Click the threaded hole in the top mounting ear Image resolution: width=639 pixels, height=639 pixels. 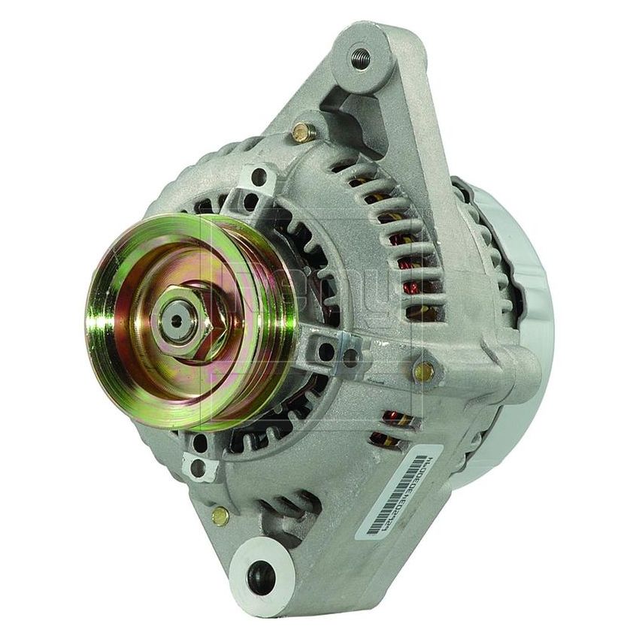tap(361, 58)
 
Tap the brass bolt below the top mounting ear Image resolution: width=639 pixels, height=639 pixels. tap(302, 133)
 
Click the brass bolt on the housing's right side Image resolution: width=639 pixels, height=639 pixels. tap(424, 370)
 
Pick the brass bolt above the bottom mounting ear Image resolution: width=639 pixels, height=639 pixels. tap(220, 515)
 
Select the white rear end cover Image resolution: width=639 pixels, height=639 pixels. tap(519, 316)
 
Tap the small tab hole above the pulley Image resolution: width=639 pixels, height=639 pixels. tap(259, 177)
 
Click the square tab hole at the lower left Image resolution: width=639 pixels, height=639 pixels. tap(198, 468)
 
